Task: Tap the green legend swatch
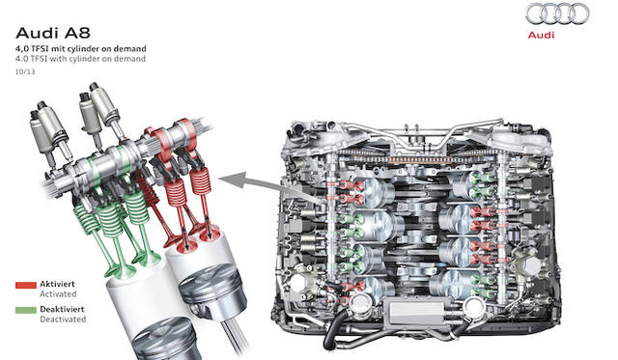[26, 312]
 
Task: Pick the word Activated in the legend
[61, 293]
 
